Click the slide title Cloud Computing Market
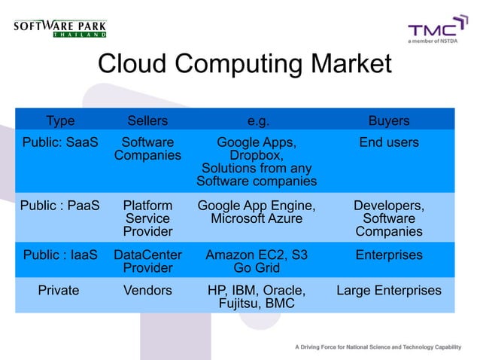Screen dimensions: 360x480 tap(245, 65)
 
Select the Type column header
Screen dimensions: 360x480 tap(60, 120)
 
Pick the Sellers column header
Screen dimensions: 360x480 tap(147, 120)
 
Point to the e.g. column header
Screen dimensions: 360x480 tap(257, 120)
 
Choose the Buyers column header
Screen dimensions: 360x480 tap(388, 120)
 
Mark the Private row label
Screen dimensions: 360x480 tap(58, 290)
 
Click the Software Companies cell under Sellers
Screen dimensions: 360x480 tap(147, 149)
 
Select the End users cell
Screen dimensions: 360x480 tap(388, 142)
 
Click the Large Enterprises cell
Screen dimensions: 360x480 tap(388, 290)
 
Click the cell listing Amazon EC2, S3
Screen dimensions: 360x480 tap(257, 261)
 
